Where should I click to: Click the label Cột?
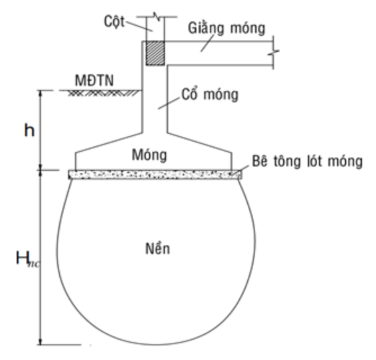pos(115,22)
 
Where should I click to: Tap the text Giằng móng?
pos(227,28)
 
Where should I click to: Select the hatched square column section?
pos(156,53)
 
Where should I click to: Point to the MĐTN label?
pos(94,81)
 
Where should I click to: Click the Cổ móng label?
pos(210,94)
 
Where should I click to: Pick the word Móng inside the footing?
pos(149,155)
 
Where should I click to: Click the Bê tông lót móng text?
pos(308,161)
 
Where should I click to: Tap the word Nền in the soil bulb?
pos(158,248)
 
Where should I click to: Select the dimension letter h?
pos(30,131)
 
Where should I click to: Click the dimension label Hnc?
pos(27,258)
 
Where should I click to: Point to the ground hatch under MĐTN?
pos(103,93)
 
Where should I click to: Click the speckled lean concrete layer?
pos(155,174)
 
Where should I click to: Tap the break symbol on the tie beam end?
pos(274,53)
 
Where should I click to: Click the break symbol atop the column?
pos(156,17)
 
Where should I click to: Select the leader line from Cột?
pos(139,27)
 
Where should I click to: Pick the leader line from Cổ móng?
pos(169,103)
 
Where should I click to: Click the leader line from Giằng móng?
pos(207,43)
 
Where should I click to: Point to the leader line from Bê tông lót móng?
pos(243,168)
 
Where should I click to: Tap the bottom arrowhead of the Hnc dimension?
pos(40,342)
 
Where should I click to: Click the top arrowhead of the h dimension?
pos(40,94)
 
